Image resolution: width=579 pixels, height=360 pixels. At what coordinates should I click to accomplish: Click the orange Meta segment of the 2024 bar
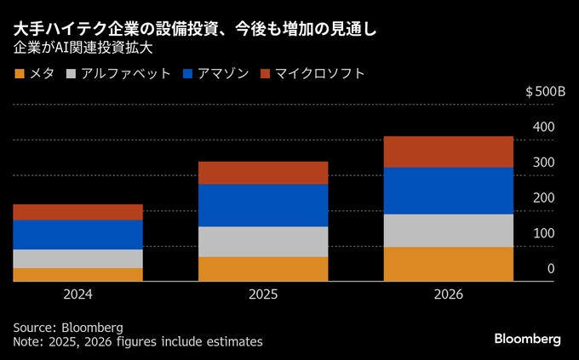click(77, 274)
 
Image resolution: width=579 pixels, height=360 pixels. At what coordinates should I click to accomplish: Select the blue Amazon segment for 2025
click(263, 205)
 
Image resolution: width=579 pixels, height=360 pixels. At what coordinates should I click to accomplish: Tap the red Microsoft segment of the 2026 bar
click(449, 151)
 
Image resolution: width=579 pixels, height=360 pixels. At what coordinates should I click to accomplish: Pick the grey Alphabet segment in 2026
click(449, 230)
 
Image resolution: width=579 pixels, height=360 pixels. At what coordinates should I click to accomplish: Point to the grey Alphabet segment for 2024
click(77, 258)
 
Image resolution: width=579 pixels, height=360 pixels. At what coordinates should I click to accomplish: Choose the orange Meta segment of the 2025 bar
click(263, 268)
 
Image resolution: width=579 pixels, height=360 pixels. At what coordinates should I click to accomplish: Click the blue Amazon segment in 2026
click(449, 191)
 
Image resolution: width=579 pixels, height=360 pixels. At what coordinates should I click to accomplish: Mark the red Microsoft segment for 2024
click(77, 212)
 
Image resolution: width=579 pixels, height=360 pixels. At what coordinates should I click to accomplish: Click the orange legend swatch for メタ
click(20, 74)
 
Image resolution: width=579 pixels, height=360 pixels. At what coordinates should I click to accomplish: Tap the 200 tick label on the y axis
click(543, 197)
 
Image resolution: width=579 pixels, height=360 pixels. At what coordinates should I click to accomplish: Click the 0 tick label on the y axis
click(551, 269)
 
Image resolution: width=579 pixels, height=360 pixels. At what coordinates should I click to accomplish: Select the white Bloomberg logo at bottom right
click(527, 339)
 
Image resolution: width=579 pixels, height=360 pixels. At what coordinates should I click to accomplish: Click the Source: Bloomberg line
click(68, 327)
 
